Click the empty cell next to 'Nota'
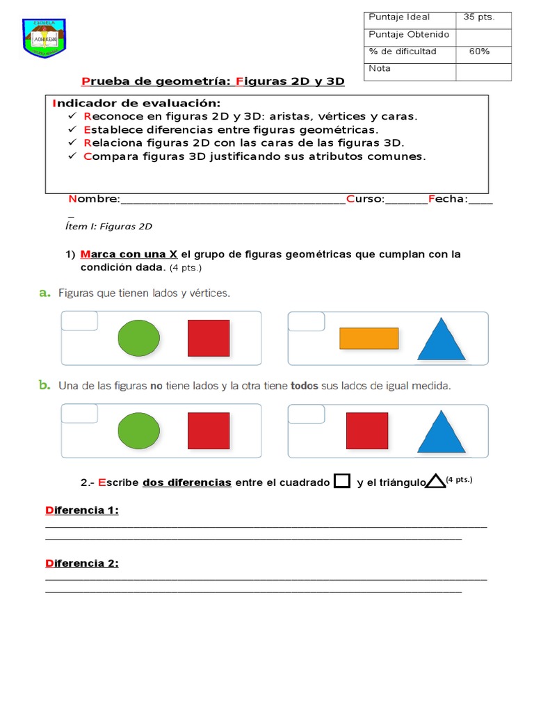pos(483,70)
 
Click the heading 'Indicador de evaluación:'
pos(136,103)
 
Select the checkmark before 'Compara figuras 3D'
pos(72,156)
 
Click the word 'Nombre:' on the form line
pos(94,200)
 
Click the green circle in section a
pos(138,338)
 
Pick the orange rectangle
pos(369,338)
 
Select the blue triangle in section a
pos(442,339)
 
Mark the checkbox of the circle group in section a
pos(80,321)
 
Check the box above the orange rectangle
pos(307,321)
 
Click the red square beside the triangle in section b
pos(367,430)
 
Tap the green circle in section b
pos(138,431)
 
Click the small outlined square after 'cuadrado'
pos(342,481)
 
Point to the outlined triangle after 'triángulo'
pos(435,481)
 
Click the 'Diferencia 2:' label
pos(82,563)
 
